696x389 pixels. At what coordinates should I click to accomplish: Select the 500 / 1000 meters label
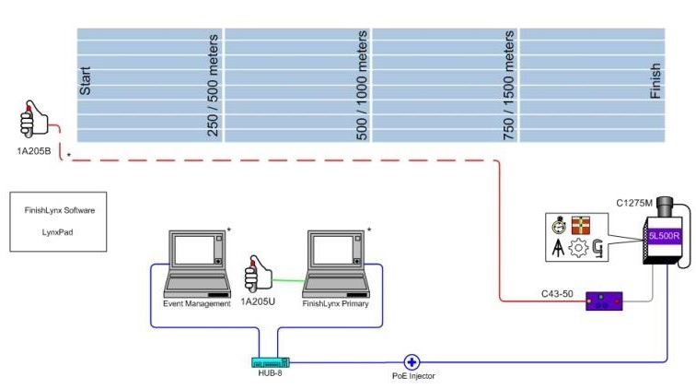click(x=361, y=85)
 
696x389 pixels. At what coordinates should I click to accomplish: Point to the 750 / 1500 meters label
click(x=508, y=86)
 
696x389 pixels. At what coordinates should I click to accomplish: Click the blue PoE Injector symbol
click(x=412, y=363)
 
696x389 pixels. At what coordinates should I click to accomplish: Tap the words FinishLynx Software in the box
click(x=60, y=211)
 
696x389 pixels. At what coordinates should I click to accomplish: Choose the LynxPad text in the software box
click(x=60, y=233)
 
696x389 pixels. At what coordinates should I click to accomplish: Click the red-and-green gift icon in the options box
click(x=581, y=226)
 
